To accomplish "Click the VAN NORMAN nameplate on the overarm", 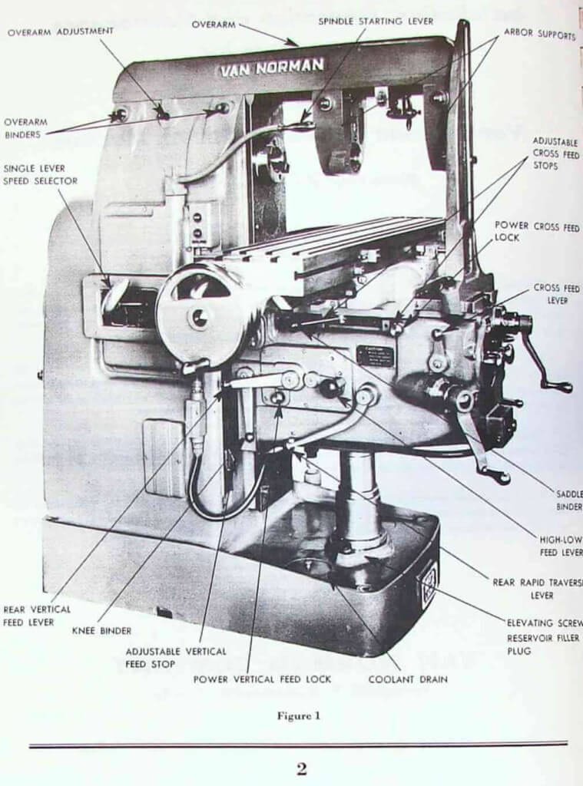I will point(272,68).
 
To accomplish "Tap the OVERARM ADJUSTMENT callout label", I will point(61,31).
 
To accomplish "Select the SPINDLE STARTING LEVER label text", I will point(376,21).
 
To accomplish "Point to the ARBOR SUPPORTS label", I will point(539,35).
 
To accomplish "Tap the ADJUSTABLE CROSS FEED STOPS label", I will point(556,154).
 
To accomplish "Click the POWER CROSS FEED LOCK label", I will point(538,231).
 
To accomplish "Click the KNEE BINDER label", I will point(101,631).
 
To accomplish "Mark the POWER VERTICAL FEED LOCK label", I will point(262,679).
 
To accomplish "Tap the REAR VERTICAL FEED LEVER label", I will point(37,616).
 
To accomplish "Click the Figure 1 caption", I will point(299,716).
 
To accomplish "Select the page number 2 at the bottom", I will point(301,768).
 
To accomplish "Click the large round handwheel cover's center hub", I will point(199,316).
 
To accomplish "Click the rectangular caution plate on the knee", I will point(374,355).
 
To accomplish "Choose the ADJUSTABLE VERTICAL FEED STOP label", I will point(176,657).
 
